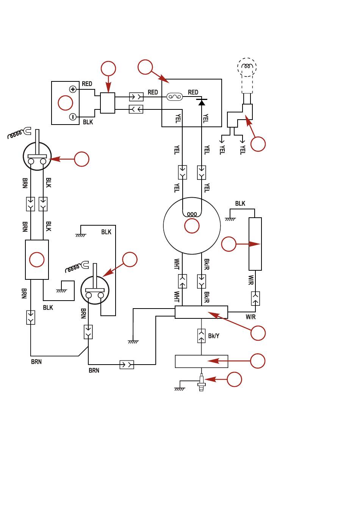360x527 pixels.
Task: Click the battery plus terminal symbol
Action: (x=73, y=89)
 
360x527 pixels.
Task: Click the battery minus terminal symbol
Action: (x=73, y=117)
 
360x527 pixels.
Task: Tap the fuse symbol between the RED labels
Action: (x=174, y=97)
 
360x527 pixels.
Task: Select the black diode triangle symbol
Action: (x=202, y=102)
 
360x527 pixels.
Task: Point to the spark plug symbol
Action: (x=201, y=382)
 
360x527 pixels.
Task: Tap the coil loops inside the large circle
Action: (x=192, y=214)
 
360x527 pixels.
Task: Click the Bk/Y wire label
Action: (x=214, y=336)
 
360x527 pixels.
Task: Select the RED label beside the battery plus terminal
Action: (x=87, y=84)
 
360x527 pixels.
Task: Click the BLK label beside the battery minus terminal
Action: (x=88, y=122)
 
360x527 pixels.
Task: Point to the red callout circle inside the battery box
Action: (x=66, y=103)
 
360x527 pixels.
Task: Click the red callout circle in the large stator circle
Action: (x=192, y=226)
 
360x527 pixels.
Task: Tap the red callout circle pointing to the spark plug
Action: (x=234, y=379)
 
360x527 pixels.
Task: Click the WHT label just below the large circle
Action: (x=177, y=264)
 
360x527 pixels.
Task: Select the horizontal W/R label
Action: (x=250, y=317)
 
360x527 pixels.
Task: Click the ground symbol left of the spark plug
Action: (x=180, y=389)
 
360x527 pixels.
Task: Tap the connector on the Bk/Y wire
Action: (x=201, y=336)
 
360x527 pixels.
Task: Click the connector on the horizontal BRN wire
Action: (x=127, y=365)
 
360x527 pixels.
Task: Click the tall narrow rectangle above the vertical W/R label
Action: (x=255, y=244)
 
